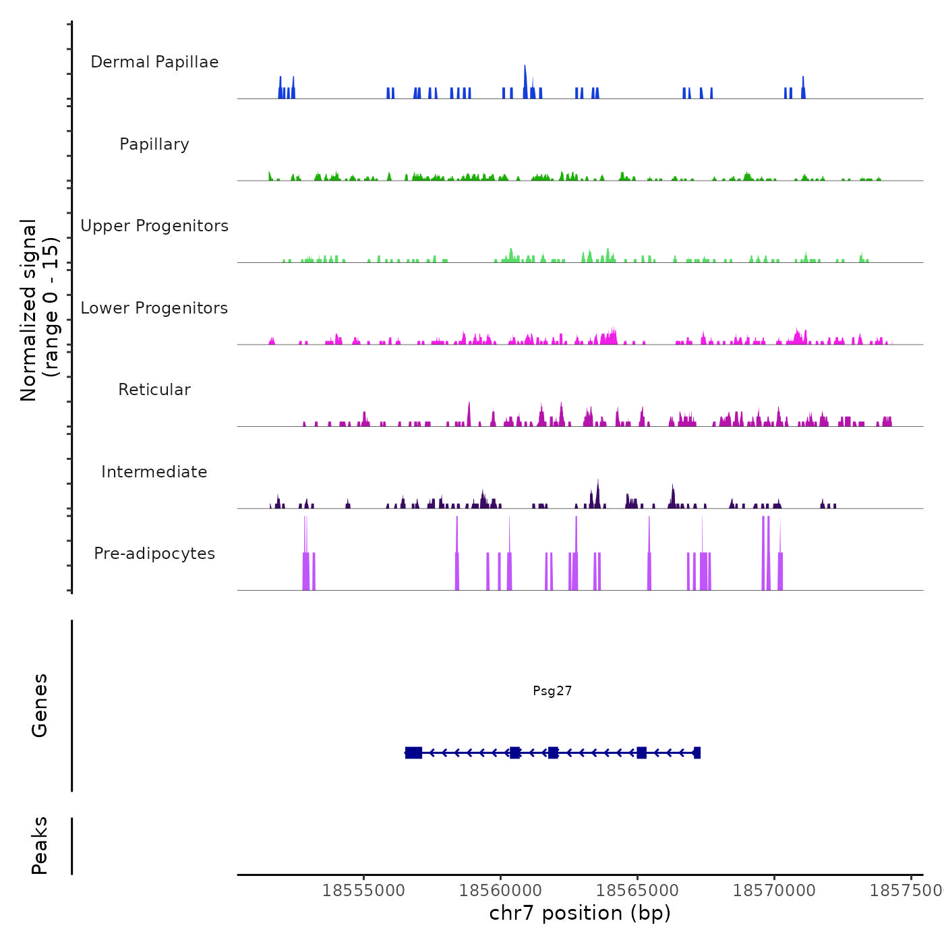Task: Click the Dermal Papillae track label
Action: point(154,62)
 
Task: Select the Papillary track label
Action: point(154,144)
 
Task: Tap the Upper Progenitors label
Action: point(154,226)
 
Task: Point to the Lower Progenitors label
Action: point(154,308)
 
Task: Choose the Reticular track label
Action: point(154,390)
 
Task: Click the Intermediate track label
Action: point(154,472)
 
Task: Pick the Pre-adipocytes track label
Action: point(154,554)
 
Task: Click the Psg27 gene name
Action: point(552,690)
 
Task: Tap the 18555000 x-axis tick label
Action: point(363,891)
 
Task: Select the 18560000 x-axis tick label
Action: point(500,891)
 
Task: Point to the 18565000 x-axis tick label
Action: point(637,891)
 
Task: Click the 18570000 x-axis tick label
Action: point(774,891)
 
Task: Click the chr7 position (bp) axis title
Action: point(580,913)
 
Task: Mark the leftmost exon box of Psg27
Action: point(413,753)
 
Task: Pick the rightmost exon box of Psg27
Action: point(697,753)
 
